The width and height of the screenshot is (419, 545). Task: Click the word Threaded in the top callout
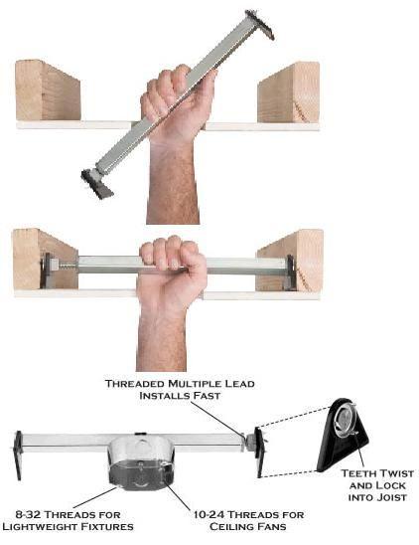(x=135, y=383)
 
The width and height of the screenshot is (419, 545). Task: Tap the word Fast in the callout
(x=207, y=396)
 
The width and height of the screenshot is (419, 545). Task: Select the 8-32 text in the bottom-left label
(x=29, y=514)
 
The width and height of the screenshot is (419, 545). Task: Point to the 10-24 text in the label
(x=208, y=514)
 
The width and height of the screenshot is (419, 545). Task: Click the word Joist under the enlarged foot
(x=392, y=497)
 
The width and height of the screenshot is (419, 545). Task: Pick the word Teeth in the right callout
(x=357, y=473)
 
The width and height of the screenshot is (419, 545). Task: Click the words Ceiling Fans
(x=248, y=526)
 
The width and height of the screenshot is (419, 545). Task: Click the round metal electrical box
(x=140, y=461)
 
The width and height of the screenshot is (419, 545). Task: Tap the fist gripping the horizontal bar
(x=171, y=272)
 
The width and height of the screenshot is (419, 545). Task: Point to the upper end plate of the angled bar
(x=260, y=24)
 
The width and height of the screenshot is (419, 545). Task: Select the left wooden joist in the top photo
(x=48, y=91)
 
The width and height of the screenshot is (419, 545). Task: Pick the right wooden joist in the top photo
(x=288, y=92)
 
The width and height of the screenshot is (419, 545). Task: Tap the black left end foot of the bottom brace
(x=18, y=454)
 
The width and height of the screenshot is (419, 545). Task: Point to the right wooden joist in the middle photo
(x=290, y=260)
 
